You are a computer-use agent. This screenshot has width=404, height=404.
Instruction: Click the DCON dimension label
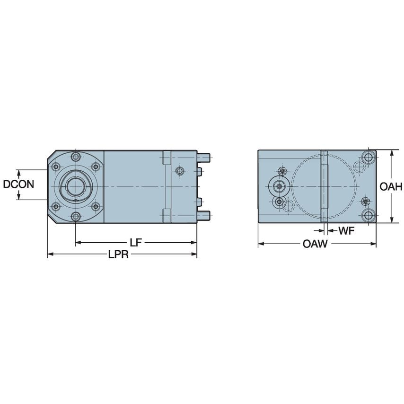(x=18, y=184)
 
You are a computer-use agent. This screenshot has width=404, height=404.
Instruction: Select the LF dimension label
(x=136, y=243)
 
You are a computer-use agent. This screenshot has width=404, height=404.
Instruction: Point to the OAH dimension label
(x=391, y=187)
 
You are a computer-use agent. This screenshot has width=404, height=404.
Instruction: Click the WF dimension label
(x=346, y=231)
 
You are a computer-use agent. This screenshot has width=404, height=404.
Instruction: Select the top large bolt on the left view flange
(x=75, y=157)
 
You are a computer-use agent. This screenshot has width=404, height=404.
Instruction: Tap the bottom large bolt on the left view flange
(x=75, y=217)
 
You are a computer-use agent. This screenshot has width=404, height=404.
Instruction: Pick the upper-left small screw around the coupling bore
(x=56, y=167)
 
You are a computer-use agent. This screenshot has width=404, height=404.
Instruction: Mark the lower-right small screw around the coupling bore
(x=95, y=207)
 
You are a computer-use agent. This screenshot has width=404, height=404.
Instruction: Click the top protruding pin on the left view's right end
(x=204, y=155)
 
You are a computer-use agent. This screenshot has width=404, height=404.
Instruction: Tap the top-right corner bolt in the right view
(x=369, y=157)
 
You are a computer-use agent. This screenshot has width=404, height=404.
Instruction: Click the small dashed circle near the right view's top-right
(x=358, y=166)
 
